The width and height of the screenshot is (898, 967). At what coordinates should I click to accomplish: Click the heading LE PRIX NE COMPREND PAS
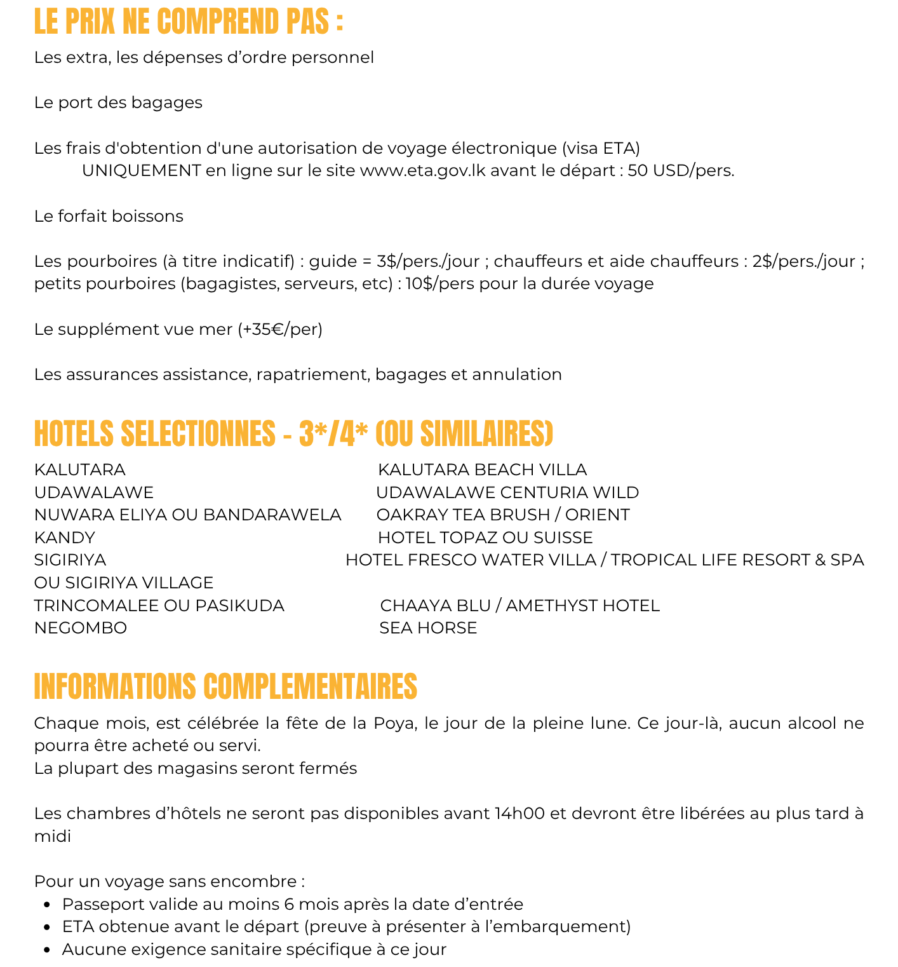[x=189, y=22]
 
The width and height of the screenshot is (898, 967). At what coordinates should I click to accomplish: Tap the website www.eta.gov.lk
[x=423, y=171]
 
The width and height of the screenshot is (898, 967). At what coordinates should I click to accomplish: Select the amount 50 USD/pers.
[x=681, y=171]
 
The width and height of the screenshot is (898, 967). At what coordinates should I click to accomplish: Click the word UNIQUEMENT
[x=142, y=171]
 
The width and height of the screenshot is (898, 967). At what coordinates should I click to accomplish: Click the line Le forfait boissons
[x=109, y=217]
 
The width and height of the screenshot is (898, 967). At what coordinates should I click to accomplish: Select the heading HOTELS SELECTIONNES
[x=155, y=435]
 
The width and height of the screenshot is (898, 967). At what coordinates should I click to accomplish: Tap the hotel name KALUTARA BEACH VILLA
[x=482, y=470]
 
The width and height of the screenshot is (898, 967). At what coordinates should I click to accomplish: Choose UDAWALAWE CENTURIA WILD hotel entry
[x=507, y=493]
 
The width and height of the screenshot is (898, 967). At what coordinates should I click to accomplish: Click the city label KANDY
[x=65, y=538]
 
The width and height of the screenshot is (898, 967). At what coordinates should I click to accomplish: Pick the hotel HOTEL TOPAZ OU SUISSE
[x=485, y=538]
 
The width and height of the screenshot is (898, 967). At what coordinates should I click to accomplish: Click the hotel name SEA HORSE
[x=428, y=628]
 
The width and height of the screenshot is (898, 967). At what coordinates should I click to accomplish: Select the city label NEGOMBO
[x=81, y=628]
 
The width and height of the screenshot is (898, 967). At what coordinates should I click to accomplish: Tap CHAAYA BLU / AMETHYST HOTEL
[x=519, y=606]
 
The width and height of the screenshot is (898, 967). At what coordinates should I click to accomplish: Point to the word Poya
[x=394, y=724]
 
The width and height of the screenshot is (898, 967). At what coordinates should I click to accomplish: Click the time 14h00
[x=519, y=814]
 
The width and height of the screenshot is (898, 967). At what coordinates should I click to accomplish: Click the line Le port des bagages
[x=118, y=103]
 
